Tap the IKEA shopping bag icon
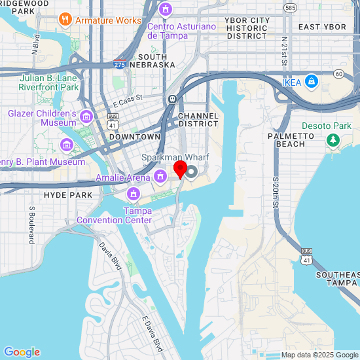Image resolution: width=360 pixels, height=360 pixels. [312, 82]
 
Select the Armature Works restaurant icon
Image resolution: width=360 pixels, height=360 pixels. [65, 20]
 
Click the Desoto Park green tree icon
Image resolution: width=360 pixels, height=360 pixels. [333, 139]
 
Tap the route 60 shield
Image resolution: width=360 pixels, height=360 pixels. [338, 74]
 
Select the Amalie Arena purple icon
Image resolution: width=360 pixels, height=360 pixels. [160, 177]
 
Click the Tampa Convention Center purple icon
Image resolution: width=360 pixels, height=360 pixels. [134, 194]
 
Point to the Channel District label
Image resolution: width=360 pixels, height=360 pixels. [198, 119]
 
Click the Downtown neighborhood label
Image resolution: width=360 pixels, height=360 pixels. [135, 137]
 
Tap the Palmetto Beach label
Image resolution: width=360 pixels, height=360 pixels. [287, 139]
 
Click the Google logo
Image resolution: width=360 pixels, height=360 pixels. [22, 352]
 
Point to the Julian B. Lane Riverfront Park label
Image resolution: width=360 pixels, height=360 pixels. [48, 82]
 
